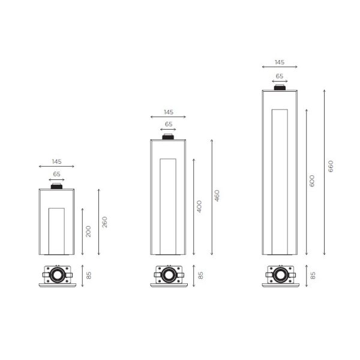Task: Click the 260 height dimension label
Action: click(104, 222)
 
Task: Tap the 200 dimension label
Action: click(88, 232)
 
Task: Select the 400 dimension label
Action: click(199, 206)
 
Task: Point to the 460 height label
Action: click(217, 196)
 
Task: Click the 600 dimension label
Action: click(312, 181)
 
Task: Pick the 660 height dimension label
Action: click(331, 166)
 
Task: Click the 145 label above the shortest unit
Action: click(57, 161)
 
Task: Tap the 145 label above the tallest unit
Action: click(280, 62)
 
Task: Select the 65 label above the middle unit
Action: click(169, 124)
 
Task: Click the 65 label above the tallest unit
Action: click(280, 76)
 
